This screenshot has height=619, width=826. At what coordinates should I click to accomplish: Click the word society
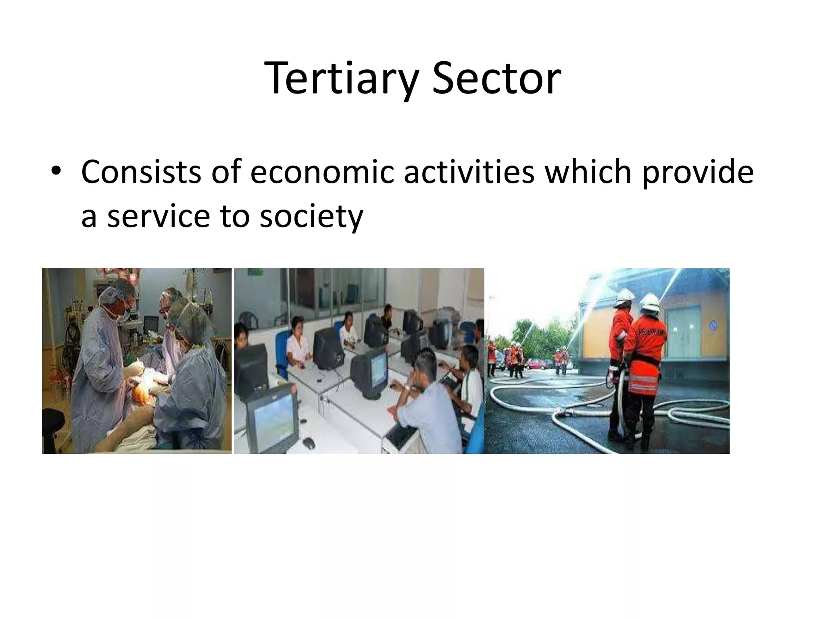coord(311,217)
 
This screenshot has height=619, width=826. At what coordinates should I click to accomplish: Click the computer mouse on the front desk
coord(309,442)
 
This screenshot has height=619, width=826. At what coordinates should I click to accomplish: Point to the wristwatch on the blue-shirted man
coord(408,388)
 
